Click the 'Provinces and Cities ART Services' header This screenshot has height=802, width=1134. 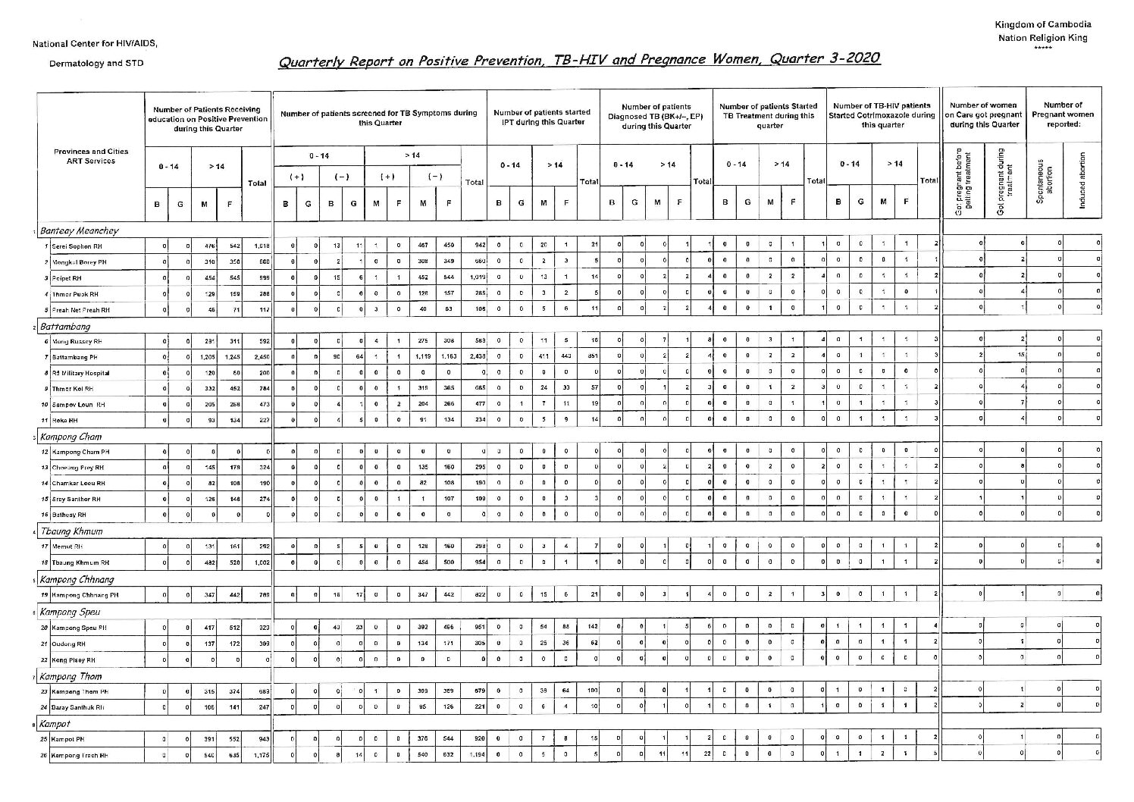point(91,156)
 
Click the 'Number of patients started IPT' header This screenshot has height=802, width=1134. point(541,117)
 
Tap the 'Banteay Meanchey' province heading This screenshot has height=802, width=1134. point(80,230)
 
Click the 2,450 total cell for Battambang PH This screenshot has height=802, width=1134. point(257,357)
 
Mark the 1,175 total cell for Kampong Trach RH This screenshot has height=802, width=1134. point(258,755)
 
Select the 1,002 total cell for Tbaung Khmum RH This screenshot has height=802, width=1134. point(258,562)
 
